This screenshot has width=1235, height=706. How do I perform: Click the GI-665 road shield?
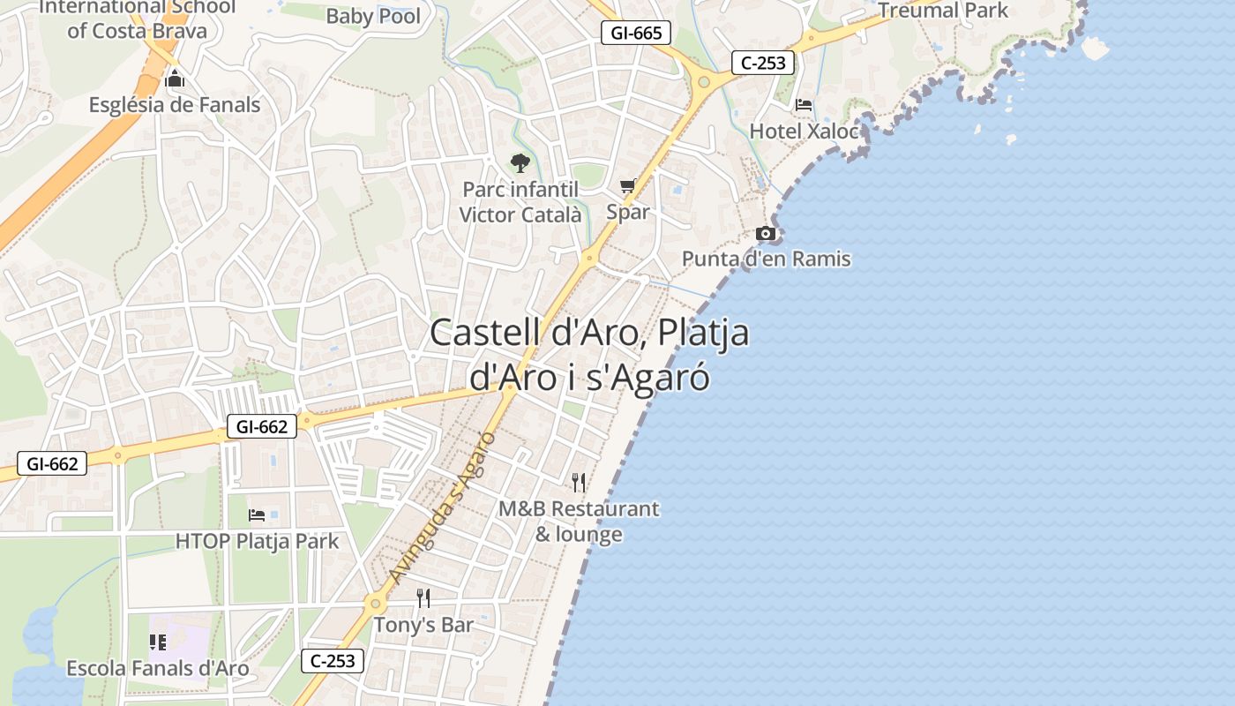[636, 34]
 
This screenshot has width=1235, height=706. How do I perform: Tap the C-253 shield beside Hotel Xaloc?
[763, 63]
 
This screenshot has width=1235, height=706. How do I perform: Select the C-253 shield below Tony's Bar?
[333, 660]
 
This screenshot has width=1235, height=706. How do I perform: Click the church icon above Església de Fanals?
[175, 79]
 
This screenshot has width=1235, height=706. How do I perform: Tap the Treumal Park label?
[943, 11]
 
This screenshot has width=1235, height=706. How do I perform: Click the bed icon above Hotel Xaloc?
[804, 105]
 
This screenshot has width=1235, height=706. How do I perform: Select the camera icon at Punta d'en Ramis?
[766, 234]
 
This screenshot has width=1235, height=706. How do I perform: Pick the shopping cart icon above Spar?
[628, 186]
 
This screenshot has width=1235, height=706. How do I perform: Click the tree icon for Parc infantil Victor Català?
[520, 163]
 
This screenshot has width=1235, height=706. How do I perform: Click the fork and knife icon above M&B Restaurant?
[579, 482]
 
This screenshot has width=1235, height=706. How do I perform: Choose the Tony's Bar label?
[423, 625]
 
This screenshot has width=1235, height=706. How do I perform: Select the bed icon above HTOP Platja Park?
[257, 514]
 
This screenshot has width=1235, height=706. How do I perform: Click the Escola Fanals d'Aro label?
[158, 668]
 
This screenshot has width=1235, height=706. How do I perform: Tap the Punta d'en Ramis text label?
[766, 259]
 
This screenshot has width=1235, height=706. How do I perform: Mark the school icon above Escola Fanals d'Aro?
[158, 642]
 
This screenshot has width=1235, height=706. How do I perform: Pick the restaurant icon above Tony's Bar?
[423, 598]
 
